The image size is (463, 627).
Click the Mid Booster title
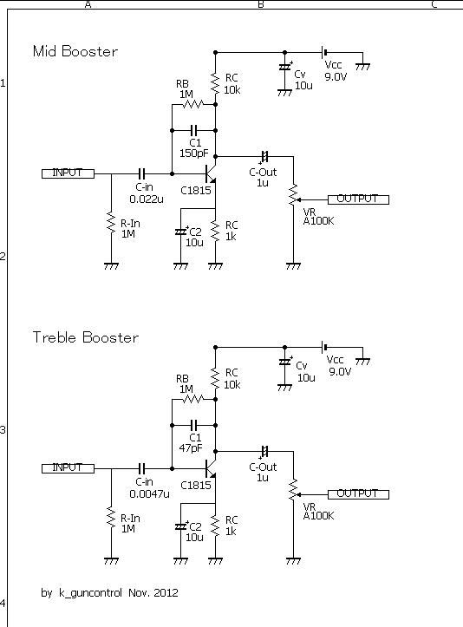pyautogui.click(x=75, y=51)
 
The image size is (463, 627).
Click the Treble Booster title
pyautogui.click(x=86, y=337)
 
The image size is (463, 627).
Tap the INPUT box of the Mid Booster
pyautogui.click(x=68, y=173)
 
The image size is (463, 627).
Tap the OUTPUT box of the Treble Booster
pyautogui.click(x=358, y=494)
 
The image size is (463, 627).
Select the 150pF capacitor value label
pyautogui.click(x=194, y=153)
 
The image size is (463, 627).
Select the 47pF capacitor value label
pyautogui.click(x=191, y=447)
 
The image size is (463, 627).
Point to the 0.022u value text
pyautogui.click(x=147, y=199)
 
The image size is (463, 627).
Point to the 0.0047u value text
pyautogui.click(x=149, y=493)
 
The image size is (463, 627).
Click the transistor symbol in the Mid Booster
pyautogui.click(x=211, y=173)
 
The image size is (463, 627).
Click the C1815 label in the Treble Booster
pyautogui.click(x=195, y=485)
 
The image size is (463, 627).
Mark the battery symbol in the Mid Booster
pyautogui.click(x=324, y=52)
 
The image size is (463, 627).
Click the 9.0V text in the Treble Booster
pyautogui.click(x=340, y=371)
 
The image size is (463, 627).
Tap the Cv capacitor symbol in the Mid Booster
pyautogui.click(x=284, y=67)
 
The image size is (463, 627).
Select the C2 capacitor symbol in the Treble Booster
pyautogui.click(x=181, y=526)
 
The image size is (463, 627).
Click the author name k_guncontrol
pyautogui.click(x=90, y=592)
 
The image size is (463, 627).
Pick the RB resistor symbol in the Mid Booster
pyautogui.click(x=192, y=104)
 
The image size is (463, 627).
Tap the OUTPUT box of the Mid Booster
pyautogui.click(x=358, y=199)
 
